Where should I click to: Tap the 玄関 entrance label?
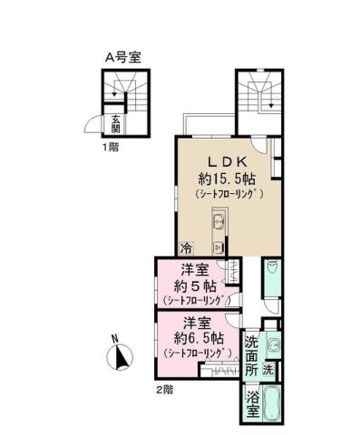[116, 122]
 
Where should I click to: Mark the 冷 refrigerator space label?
[187, 247]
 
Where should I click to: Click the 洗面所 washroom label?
[251, 356]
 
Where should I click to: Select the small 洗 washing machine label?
[268, 371]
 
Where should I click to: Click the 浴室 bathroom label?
[251, 402]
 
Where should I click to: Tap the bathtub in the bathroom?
[274, 402]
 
